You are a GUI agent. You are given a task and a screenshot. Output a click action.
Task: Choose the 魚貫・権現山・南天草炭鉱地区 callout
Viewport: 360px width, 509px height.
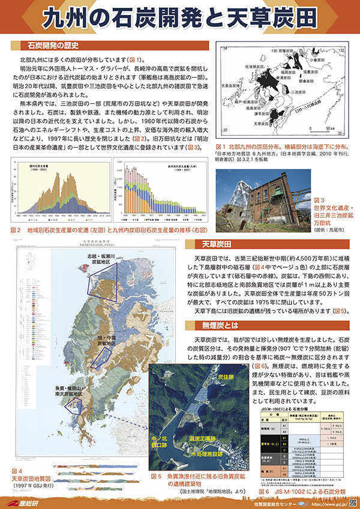click(64, 392)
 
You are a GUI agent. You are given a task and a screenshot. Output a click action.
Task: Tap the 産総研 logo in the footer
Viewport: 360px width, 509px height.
click(25, 500)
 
